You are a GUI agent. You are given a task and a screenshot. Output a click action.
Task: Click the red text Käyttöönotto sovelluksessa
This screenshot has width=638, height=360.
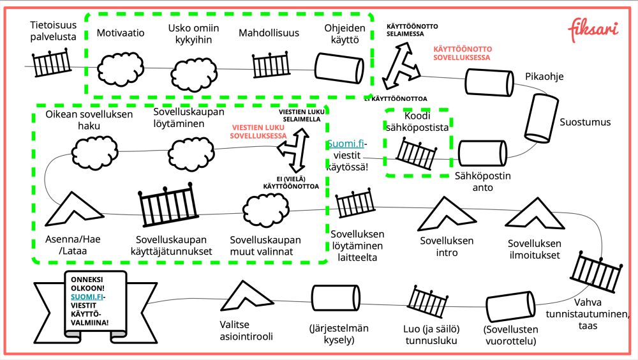(x=462, y=53)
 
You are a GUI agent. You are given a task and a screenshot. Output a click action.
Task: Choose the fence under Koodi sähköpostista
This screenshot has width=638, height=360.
(x=417, y=154)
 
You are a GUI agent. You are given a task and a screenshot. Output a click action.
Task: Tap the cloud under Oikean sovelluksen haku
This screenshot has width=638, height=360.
(x=94, y=151)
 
